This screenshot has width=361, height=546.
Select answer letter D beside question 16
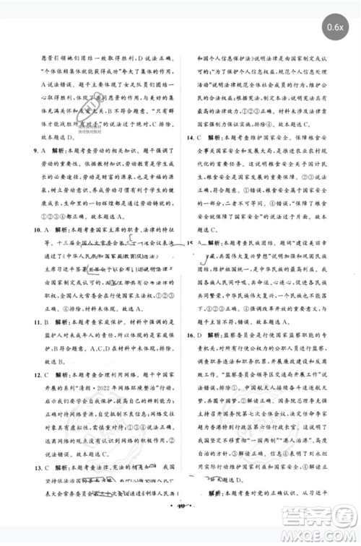coord(204,336)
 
